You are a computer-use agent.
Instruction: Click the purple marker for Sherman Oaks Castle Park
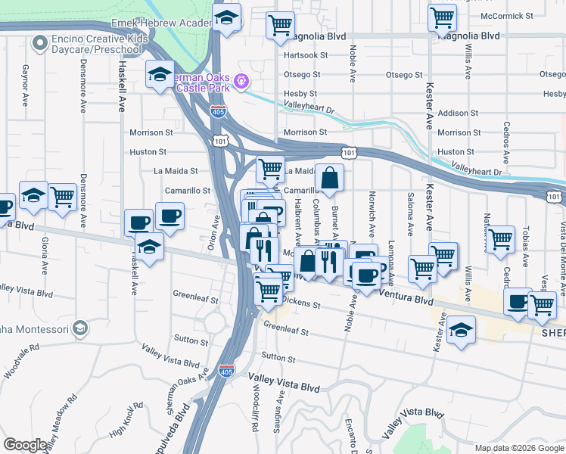(x=241, y=79)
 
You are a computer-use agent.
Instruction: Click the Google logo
(x=25, y=445)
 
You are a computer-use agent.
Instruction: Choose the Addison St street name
(x=458, y=113)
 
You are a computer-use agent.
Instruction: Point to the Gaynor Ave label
(x=25, y=85)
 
